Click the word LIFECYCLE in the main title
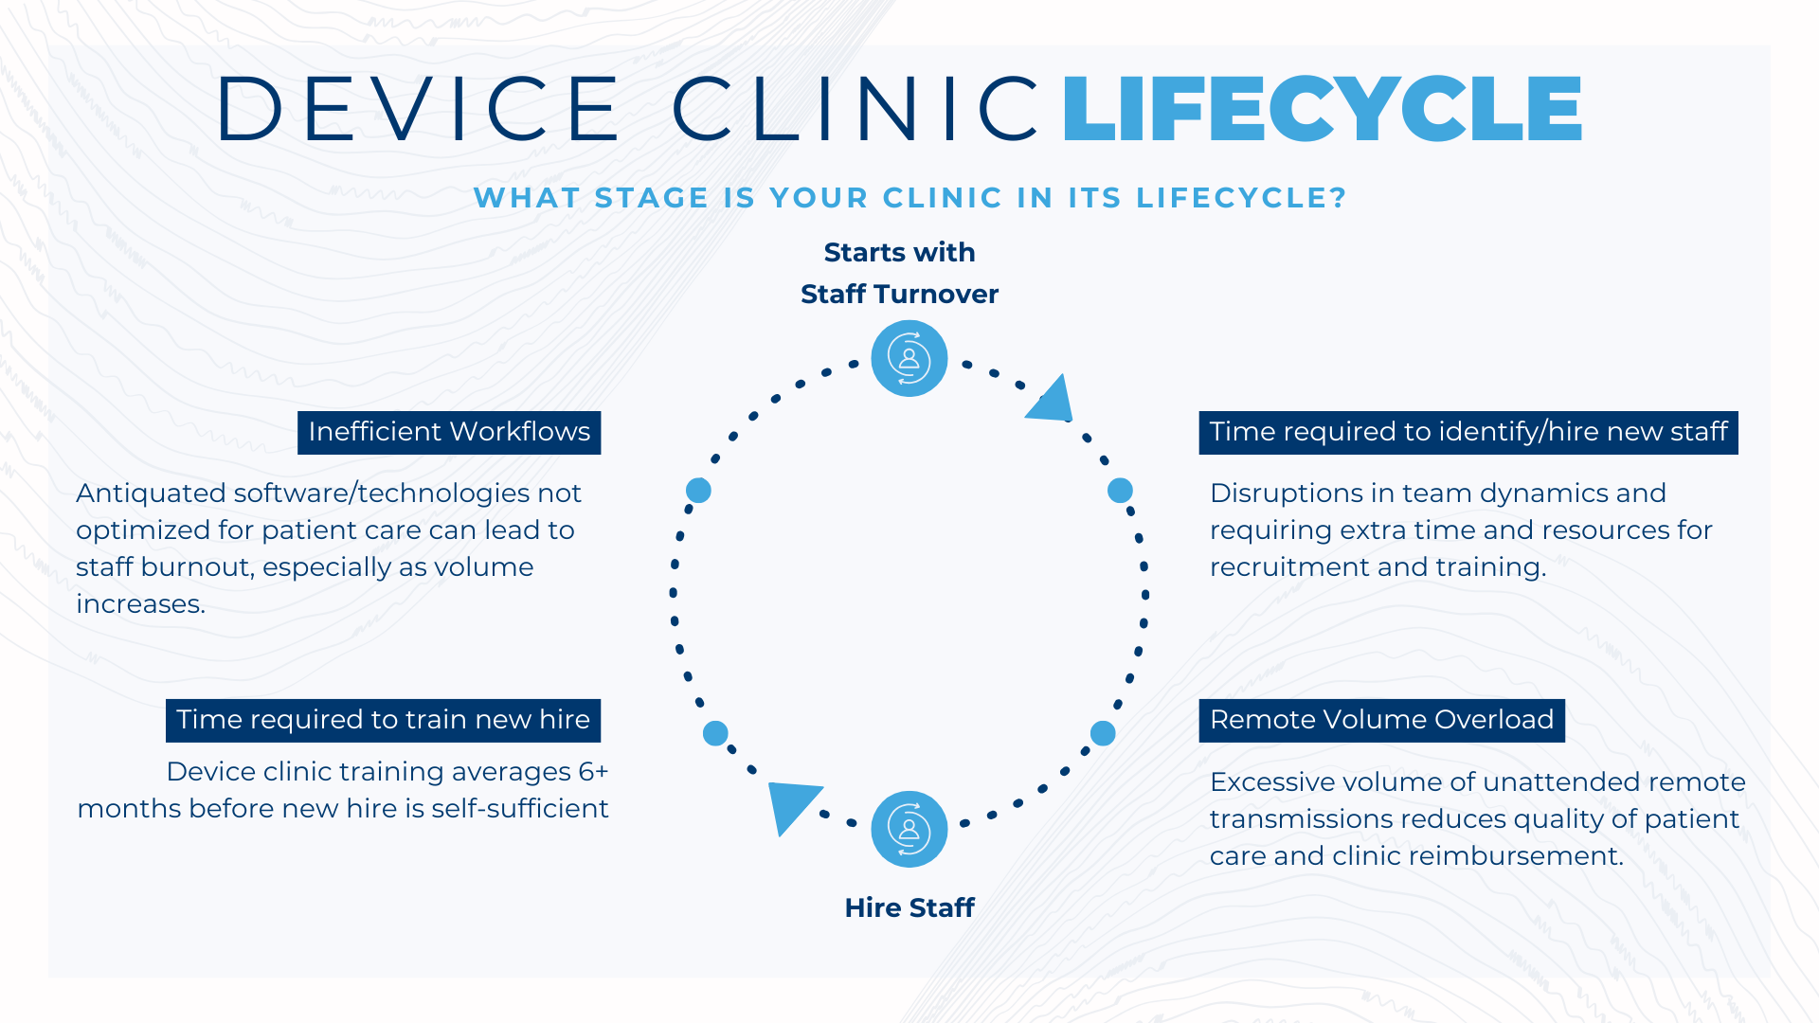1323,109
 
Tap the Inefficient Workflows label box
449,432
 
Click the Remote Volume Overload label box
1381,720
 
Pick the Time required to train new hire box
383,720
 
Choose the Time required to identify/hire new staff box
1468,432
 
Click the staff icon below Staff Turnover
909,359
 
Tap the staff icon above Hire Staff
909,829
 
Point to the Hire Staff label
909,907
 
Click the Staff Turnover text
899,294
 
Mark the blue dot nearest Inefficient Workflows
698,490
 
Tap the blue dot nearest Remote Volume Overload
1103,732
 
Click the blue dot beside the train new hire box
715,732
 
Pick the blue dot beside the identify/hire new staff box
1120,490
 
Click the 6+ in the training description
593,772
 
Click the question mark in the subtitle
1338,198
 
